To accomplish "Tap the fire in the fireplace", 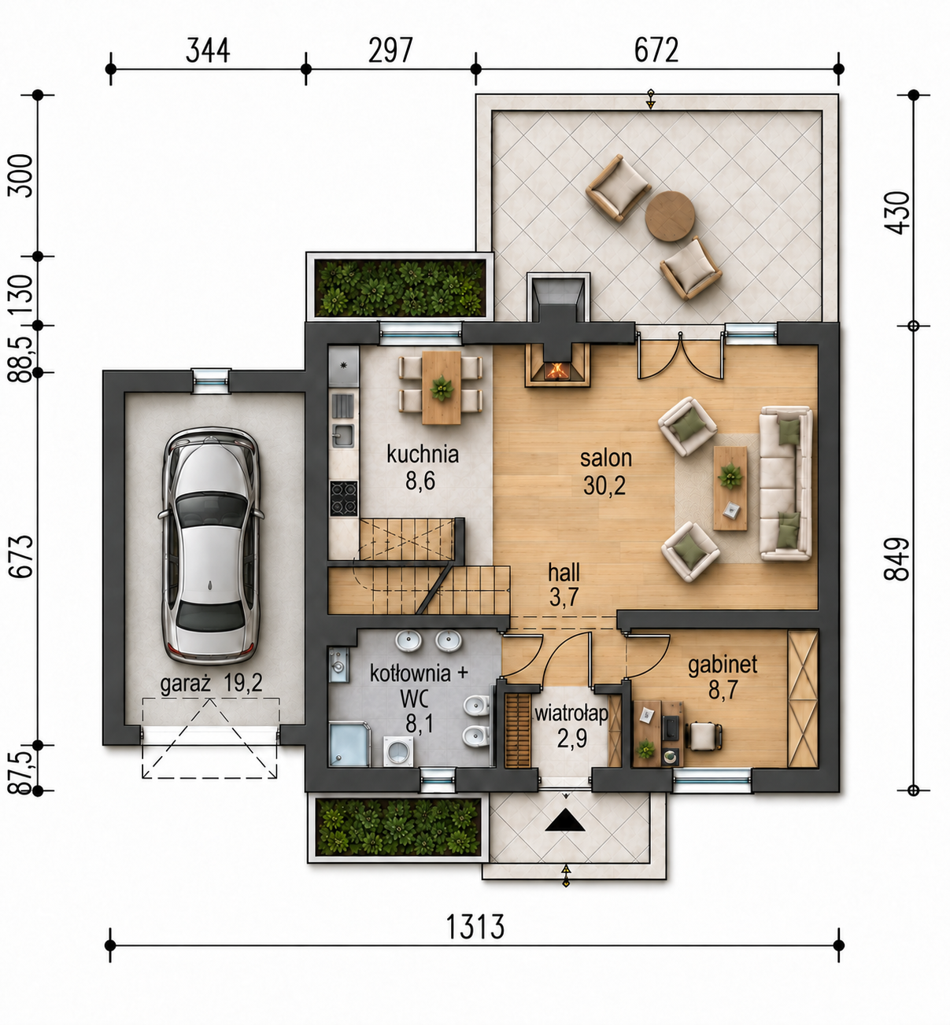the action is point(557,369).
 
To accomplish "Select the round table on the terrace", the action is point(670,216).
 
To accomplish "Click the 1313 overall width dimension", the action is point(475,925).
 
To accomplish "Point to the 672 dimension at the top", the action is point(656,50).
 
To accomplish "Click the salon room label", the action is point(605,458).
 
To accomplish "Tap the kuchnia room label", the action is point(423,455).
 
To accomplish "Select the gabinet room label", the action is point(723,665).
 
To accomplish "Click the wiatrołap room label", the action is point(571,714).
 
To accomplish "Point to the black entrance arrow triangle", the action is point(565,820).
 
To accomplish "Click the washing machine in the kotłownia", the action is point(398,750).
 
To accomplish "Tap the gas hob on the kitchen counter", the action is point(343,498).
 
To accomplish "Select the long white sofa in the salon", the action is point(786,483).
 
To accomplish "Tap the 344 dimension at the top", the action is point(207,50).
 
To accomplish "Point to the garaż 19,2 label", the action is point(211,684).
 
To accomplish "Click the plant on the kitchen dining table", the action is point(442,388).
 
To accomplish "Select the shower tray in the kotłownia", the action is point(349,744).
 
